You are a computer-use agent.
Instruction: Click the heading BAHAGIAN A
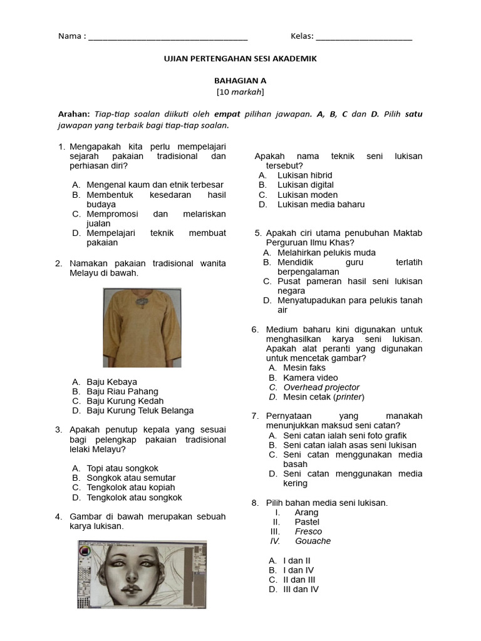coord(240,81)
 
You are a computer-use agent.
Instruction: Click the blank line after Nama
coord(168,38)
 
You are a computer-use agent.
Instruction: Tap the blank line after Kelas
coord(364,38)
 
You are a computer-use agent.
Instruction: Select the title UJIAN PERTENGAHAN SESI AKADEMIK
coord(240,58)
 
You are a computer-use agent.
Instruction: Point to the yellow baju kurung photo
coord(142,327)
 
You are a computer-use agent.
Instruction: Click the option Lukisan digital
coord(305,185)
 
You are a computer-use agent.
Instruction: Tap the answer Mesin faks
coord(304,367)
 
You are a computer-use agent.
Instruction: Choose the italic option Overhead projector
coord(321,387)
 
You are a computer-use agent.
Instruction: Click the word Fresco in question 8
coord(308,531)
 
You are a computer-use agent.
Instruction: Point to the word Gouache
coord(313,541)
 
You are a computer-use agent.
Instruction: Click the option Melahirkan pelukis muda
coord(326,252)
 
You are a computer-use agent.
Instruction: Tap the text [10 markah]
coord(240,92)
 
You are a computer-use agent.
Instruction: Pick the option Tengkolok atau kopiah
coord(130,488)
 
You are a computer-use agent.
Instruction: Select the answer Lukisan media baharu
coord(321,204)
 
